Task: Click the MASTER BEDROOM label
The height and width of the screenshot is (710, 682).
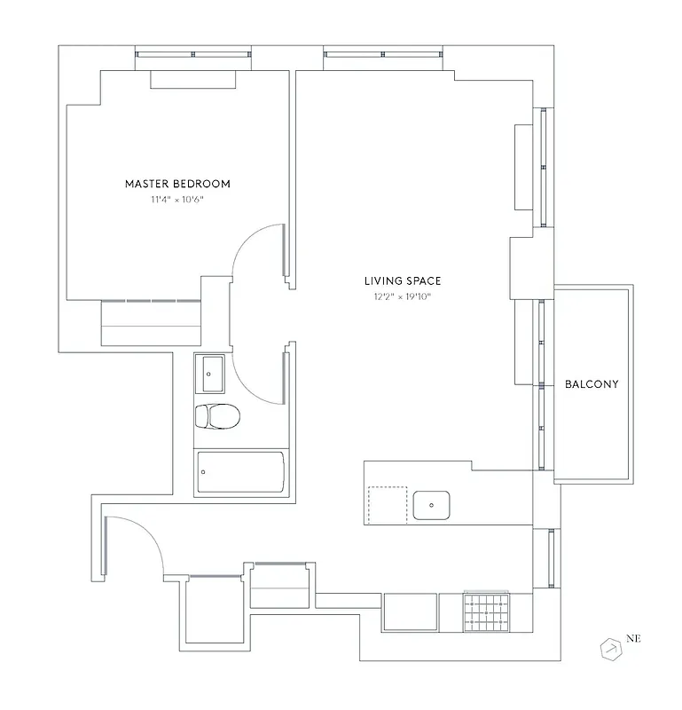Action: pos(177,184)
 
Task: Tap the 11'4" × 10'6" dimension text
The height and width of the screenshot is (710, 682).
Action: pos(177,200)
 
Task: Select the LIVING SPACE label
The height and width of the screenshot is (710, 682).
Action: pos(403,280)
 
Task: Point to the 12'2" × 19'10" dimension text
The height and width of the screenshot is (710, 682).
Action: pos(403,296)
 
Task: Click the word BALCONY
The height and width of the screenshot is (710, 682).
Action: pos(592,384)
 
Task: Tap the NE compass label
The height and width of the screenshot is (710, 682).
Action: pos(633,637)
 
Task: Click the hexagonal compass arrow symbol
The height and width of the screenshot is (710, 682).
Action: pos(611,649)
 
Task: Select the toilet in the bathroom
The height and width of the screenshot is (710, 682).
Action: pos(216,415)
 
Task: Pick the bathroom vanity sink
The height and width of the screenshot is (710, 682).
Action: pos(211,373)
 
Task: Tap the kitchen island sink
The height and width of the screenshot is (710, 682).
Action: pos(432,504)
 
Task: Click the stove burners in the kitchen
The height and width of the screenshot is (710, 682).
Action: pos(487,611)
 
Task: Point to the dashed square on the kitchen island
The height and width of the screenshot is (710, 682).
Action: pos(387,505)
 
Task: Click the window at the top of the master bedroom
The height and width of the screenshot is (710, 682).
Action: pos(192,55)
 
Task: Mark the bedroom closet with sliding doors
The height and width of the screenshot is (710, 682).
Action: pos(151,323)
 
